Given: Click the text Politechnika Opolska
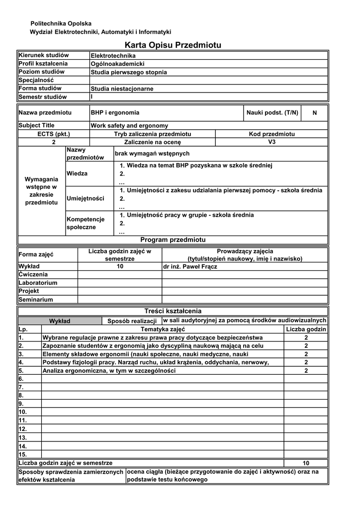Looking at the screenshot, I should coord(61,23).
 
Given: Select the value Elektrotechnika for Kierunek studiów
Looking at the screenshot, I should coord(113,56).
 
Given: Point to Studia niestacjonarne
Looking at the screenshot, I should coord(122,89).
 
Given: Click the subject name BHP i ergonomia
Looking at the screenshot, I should coord(115,113).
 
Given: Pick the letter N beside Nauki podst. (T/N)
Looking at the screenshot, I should coord(314,113).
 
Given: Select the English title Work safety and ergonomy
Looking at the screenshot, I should coord(129,126).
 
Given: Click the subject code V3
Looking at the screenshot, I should coord(271,142).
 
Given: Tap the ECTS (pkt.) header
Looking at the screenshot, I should coord(54,134).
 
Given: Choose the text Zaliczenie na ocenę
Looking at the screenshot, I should coord(153,142).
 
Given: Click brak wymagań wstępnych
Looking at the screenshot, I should coord(152,154).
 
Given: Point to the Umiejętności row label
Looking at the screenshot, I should coord(86,199).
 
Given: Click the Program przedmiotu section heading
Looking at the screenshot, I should coord(173,240).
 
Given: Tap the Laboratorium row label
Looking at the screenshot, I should coord(38,283).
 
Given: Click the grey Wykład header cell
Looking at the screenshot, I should coord(60,321).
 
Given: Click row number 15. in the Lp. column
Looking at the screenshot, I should coord(22,454).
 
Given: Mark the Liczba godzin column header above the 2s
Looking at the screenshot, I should coord(306,330).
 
